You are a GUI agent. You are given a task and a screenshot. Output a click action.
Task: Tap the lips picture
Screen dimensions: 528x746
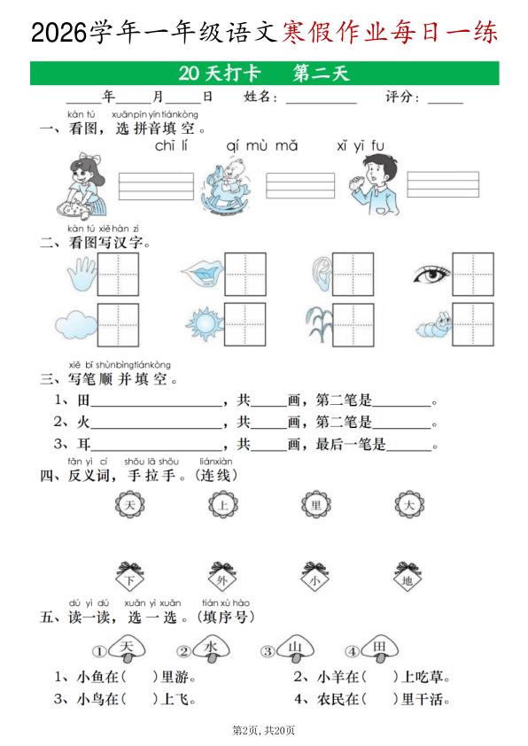tap(201, 274)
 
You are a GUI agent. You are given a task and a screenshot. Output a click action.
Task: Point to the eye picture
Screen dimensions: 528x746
tap(431, 275)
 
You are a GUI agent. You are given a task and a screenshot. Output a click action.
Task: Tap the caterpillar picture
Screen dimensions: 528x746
tap(431, 325)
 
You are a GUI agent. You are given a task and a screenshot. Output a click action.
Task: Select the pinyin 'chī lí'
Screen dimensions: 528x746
tap(174, 146)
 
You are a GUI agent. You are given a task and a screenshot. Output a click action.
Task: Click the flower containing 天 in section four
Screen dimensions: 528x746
tap(129, 506)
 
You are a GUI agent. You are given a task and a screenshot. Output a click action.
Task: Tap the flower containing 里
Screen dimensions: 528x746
tap(314, 506)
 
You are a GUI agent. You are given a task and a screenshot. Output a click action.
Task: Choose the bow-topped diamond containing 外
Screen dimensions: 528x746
tap(222, 578)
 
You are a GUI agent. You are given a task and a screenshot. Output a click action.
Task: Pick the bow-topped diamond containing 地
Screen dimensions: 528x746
tap(407, 578)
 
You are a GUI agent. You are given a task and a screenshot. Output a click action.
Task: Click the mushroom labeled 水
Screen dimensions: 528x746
tap(211, 649)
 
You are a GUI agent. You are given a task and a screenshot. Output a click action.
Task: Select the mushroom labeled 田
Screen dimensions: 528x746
tap(378, 649)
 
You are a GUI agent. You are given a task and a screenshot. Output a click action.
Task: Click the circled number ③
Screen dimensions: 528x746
tap(267, 652)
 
